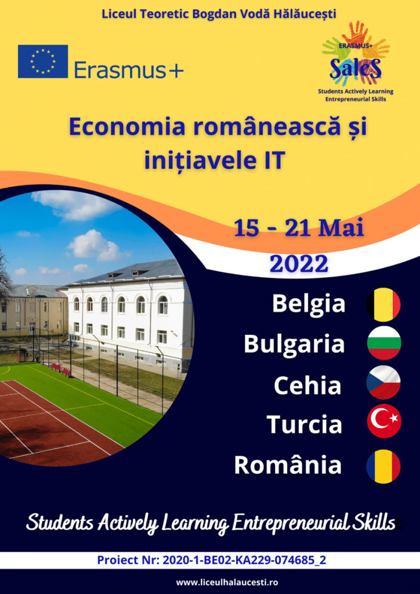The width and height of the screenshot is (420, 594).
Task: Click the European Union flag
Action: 43,61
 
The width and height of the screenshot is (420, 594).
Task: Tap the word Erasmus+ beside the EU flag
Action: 129,70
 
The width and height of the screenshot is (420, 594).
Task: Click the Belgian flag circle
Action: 383,305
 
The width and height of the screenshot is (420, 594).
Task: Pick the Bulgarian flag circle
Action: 383,343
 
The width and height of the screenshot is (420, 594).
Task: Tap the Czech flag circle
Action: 383,382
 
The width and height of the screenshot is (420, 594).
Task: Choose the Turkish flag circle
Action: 383,421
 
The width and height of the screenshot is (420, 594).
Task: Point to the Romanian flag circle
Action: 383,466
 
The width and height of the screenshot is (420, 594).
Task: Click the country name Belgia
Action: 309,304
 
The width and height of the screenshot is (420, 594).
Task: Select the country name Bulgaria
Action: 294,343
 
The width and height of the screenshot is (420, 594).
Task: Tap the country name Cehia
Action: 307,385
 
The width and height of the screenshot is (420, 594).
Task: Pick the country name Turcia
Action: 305,424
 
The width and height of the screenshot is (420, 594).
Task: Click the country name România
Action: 288,464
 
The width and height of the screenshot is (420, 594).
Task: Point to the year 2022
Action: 299,264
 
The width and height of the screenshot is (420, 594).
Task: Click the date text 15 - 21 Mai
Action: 299,229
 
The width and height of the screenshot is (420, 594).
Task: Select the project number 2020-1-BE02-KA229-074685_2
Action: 244,560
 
